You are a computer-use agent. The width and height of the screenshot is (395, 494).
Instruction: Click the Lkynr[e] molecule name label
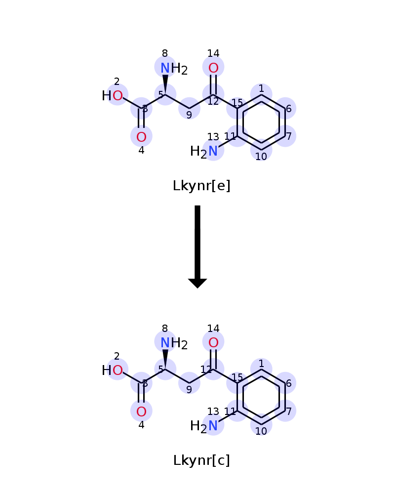(201, 186)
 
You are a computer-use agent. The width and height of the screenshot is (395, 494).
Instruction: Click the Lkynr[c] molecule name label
(201, 460)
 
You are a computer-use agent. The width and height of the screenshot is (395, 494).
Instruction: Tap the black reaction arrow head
(197, 283)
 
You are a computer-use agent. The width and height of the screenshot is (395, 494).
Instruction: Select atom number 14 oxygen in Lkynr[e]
(213, 68)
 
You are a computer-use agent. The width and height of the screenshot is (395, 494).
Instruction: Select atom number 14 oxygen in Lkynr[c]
(213, 342)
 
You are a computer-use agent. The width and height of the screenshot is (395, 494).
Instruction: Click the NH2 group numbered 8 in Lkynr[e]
(174, 68)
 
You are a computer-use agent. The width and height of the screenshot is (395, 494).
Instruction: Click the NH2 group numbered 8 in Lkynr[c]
(174, 343)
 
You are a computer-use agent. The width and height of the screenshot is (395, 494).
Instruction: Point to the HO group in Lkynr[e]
(112, 95)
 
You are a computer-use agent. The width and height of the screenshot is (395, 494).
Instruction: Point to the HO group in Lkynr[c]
(112, 370)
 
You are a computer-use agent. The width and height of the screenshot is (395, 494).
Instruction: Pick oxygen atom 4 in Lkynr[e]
(141, 137)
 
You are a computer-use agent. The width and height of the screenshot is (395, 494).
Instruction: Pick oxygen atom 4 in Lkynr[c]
(141, 412)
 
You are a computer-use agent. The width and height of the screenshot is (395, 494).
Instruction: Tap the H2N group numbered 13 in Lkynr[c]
(204, 426)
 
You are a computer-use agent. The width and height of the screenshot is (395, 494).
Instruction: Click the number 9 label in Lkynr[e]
(189, 115)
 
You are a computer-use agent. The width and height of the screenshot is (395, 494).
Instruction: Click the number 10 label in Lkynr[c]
(261, 431)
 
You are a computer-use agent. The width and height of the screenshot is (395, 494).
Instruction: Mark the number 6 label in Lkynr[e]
(289, 109)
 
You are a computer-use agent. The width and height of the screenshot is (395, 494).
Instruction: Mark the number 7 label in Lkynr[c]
(289, 411)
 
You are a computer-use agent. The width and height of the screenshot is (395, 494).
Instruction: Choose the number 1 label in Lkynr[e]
(261, 88)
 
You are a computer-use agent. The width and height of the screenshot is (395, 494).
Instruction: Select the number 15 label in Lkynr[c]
(237, 377)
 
